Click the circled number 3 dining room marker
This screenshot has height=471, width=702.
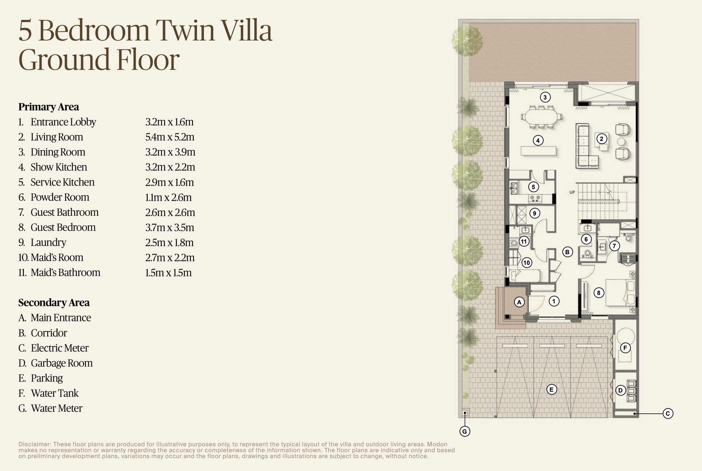pos(545,97)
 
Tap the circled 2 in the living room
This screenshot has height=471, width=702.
pos(601,139)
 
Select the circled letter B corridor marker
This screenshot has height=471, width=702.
pos(567,252)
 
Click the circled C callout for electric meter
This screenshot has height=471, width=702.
pos(668,414)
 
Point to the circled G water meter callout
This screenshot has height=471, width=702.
pos(465,432)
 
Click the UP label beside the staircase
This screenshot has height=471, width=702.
pos(572,192)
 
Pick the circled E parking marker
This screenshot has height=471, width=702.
pos(551,390)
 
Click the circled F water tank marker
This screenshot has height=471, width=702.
pos(625,348)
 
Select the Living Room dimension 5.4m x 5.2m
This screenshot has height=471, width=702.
pos(170,137)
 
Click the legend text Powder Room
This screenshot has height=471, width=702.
pos(60,198)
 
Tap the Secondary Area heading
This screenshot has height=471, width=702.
pos(54,303)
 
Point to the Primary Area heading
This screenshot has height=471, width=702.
pos(49,107)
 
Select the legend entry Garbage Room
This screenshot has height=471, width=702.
pos(61,363)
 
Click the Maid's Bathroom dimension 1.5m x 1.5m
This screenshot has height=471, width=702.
pos(168,273)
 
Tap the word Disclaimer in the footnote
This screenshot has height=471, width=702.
pos(34,444)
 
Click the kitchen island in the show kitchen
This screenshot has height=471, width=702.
pos(539,151)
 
